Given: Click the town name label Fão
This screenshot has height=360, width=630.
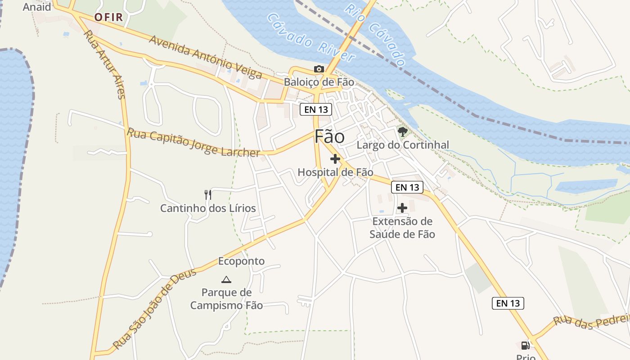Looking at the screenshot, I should [x=329, y=137].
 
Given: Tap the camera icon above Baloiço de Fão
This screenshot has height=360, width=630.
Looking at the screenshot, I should [x=319, y=69].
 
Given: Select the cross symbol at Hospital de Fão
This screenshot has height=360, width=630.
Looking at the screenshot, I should [x=335, y=159].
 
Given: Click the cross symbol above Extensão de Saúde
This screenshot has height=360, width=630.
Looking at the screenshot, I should [x=402, y=208].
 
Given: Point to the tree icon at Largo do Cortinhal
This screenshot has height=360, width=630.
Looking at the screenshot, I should [x=403, y=132].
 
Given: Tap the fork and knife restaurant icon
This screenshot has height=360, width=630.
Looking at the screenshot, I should [x=207, y=195].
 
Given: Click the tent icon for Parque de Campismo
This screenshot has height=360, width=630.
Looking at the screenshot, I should [x=226, y=279].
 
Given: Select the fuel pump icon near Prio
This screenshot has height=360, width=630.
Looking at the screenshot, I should [x=525, y=346].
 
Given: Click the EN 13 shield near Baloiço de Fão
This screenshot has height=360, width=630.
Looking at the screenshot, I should [x=316, y=109].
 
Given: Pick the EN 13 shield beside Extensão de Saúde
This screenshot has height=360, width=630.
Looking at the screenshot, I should [x=407, y=187].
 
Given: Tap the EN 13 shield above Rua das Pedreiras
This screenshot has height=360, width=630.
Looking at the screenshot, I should [x=508, y=303].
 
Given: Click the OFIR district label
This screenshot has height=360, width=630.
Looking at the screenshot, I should [x=109, y=18].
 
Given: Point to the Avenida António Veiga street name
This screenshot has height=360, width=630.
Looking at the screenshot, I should [x=205, y=57].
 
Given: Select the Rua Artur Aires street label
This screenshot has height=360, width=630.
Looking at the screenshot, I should [x=104, y=64].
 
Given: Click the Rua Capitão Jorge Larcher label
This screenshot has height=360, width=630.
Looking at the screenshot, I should [x=193, y=143].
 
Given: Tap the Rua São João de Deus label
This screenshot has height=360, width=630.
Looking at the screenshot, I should [x=155, y=309].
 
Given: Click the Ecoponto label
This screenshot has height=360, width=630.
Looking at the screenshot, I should [x=241, y=261].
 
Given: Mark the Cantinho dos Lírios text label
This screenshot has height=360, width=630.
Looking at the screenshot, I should [x=208, y=208].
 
